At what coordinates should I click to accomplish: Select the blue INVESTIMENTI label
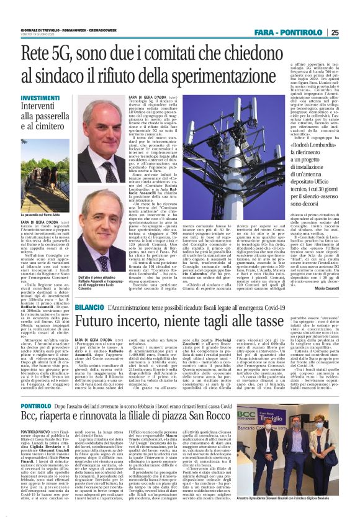pos(40,98)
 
